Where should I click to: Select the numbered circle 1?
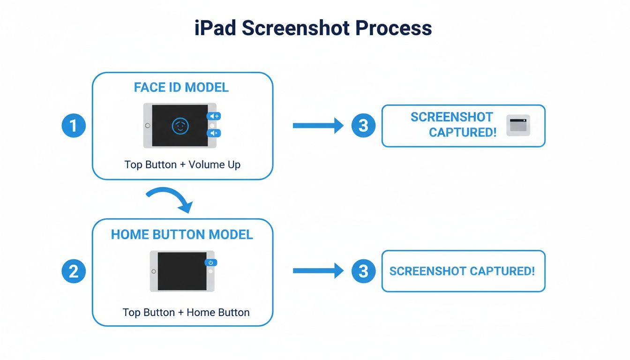pos(74,126)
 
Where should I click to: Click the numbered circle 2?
pos(74,271)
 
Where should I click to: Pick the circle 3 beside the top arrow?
pos(363,126)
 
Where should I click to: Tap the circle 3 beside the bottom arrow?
pos(363,271)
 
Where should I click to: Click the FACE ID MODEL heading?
pos(181,88)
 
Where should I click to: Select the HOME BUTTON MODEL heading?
pos(182,234)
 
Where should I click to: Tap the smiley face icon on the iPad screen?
pos(180,126)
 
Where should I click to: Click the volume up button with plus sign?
pos(214,116)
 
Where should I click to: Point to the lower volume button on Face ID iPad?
pos(214,134)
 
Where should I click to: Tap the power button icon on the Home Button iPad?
pos(211,263)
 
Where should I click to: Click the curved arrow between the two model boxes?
pos(170,198)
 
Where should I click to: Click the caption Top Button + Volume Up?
pos(182,165)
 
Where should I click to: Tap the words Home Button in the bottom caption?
pos(218,312)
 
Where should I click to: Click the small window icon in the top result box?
pos(518,125)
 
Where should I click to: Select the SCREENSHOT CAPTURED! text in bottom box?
pos(462,271)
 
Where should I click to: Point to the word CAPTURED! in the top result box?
pos(462,133)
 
